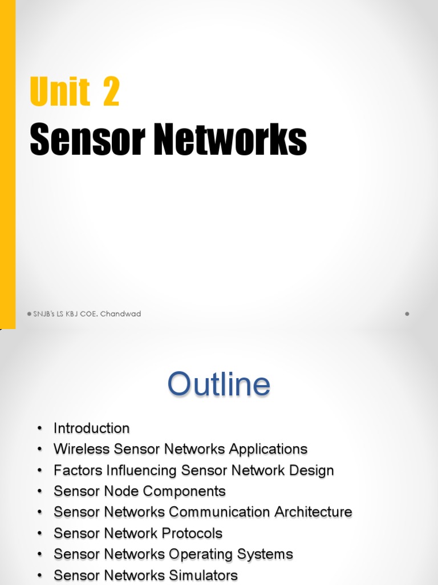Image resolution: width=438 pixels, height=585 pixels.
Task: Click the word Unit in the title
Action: coord(60,92)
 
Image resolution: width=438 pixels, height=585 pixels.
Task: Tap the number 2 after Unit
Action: coord(111,92)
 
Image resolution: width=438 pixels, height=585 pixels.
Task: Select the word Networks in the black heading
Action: coord(231,140)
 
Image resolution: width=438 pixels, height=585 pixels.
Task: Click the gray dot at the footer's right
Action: coord(407,314)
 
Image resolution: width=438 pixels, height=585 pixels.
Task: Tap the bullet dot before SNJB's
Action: coord(29,314)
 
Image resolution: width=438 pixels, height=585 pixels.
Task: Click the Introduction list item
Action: coord(91,428)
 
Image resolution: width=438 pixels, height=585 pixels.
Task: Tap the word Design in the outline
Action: coord(313,470)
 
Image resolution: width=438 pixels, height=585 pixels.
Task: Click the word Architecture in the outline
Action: coord(313,512)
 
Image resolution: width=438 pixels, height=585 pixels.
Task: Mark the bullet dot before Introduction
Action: coord(39,429)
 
